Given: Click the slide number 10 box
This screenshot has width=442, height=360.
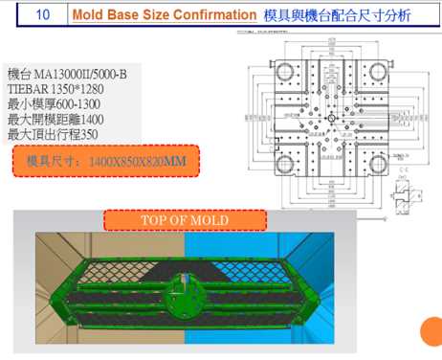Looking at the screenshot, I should pos(42,15).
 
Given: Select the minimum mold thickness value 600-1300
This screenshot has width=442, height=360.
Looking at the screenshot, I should pos(95,103).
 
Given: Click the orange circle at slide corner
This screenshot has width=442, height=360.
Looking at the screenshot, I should pos(432,332).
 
